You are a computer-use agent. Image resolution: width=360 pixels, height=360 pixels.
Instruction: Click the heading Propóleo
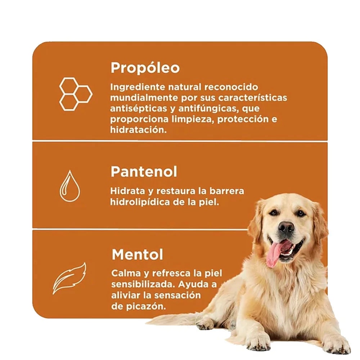pos(145,68)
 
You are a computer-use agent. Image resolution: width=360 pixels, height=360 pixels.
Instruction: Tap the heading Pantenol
pos(144,171)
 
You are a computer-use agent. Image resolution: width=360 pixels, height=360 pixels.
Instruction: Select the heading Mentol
pos(137,255)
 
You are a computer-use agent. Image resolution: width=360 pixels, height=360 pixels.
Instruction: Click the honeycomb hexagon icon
pos(76,94)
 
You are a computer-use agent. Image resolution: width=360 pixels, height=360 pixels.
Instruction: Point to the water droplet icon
pos(70,186)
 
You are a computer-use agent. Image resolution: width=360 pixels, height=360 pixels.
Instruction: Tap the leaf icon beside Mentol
pos(69,278)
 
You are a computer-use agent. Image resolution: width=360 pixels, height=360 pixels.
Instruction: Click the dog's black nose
pos(286,227)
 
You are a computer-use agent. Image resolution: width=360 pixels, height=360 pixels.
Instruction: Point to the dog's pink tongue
pos(275,254)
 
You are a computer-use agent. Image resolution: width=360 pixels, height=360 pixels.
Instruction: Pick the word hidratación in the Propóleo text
pos(139,130)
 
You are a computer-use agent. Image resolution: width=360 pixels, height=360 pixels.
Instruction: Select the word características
pos(253,98)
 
